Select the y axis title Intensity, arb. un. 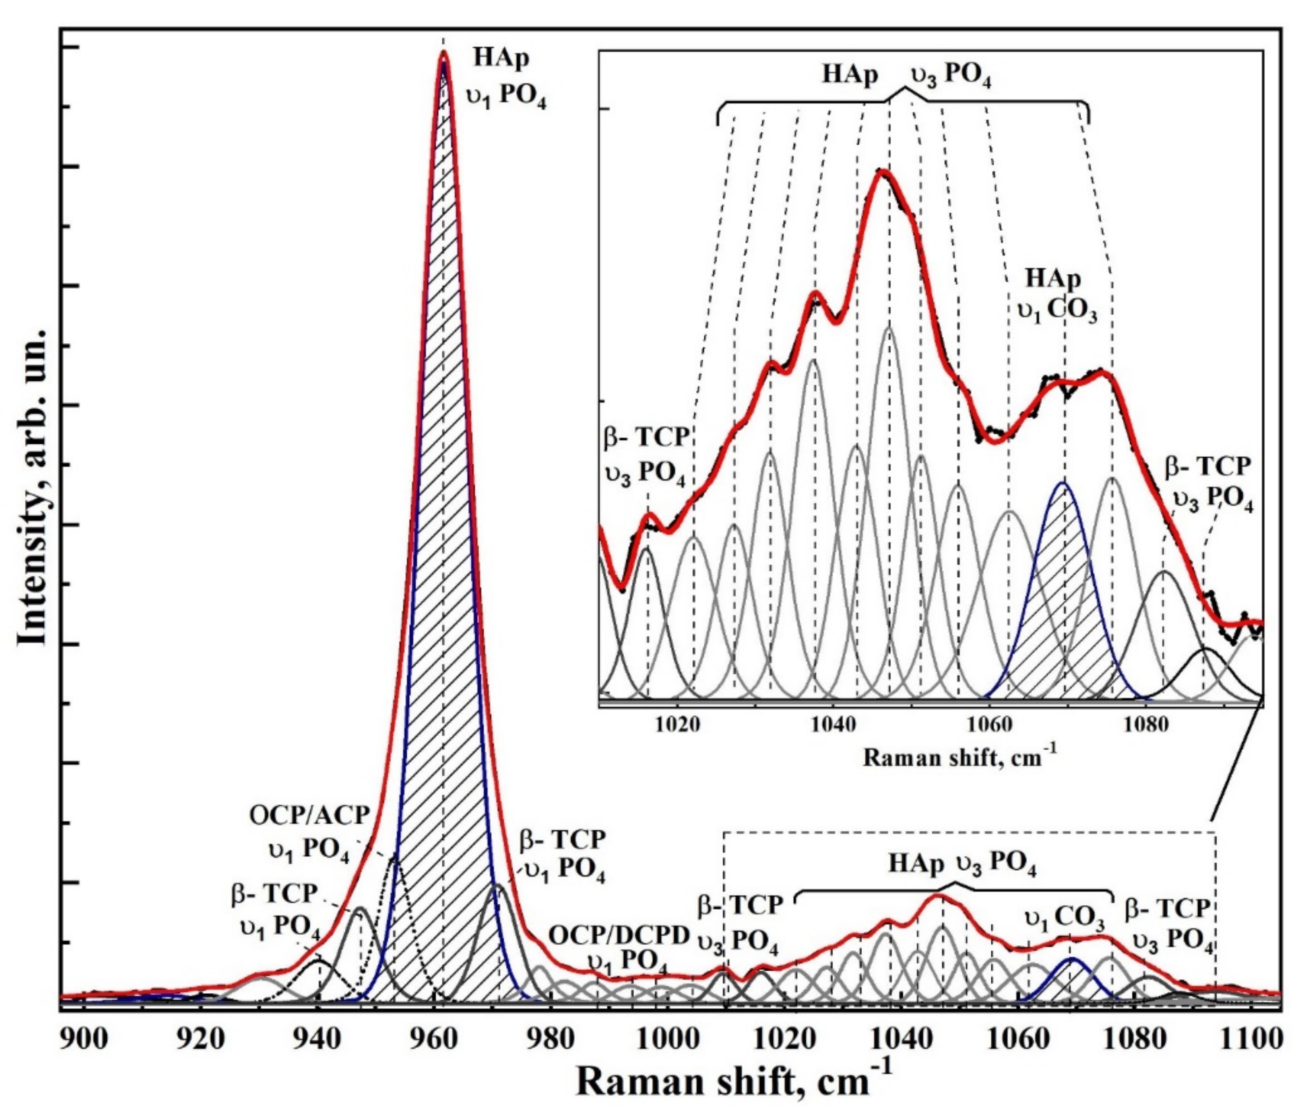click(x=33, y=487)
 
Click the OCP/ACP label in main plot click(x=309, y=816)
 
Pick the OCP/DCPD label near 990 click(x=619, y=936)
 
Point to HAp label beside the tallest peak click(x=502, y=59)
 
